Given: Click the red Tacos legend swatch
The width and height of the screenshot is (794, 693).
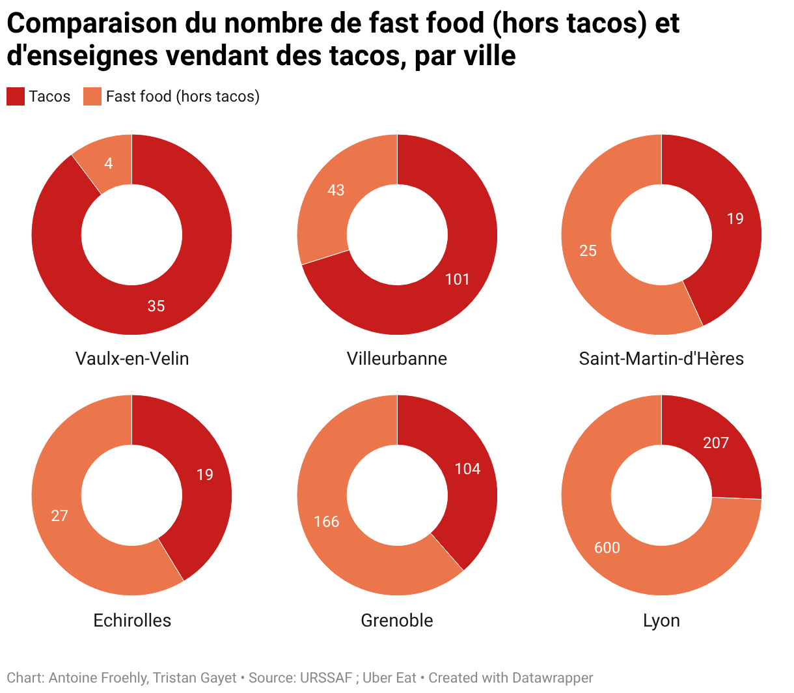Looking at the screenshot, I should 16,96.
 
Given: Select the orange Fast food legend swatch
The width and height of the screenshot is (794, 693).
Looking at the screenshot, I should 92,96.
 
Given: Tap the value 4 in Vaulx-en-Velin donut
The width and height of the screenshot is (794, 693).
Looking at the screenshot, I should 109,163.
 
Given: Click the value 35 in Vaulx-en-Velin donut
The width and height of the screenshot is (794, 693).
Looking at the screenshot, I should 156,306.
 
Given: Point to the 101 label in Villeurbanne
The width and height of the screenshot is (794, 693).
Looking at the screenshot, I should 458,279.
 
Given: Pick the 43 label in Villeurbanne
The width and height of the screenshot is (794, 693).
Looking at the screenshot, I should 336,190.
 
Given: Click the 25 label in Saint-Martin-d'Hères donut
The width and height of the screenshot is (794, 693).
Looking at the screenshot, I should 588,251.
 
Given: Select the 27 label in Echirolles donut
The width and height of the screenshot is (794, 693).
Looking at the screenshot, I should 60,516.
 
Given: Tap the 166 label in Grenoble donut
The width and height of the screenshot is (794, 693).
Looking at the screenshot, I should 327,522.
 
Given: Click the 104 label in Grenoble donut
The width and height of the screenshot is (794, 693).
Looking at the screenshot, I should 467,469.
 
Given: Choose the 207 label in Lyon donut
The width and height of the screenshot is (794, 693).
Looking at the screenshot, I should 716,443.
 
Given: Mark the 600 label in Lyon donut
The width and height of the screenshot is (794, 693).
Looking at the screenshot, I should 607,548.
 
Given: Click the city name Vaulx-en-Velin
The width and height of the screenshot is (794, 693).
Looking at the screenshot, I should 132,359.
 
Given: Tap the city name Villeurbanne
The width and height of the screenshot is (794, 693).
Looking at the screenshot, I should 397,359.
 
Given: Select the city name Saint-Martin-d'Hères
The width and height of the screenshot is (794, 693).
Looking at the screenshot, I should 661,359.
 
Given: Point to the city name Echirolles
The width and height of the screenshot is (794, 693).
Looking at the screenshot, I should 132,620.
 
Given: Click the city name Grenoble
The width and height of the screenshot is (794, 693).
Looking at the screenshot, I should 397,620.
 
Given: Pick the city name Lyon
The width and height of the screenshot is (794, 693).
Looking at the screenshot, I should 661,620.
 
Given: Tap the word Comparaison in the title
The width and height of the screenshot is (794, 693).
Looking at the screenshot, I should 91,23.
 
